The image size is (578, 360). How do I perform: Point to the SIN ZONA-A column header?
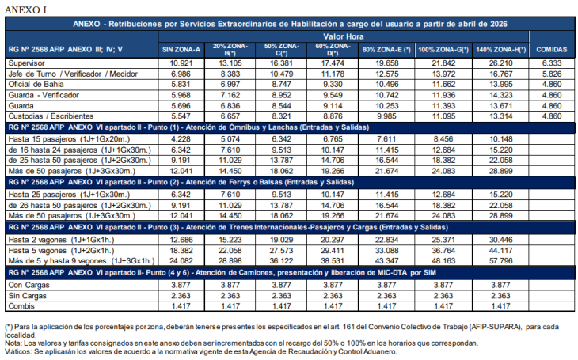tap(181, 49)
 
